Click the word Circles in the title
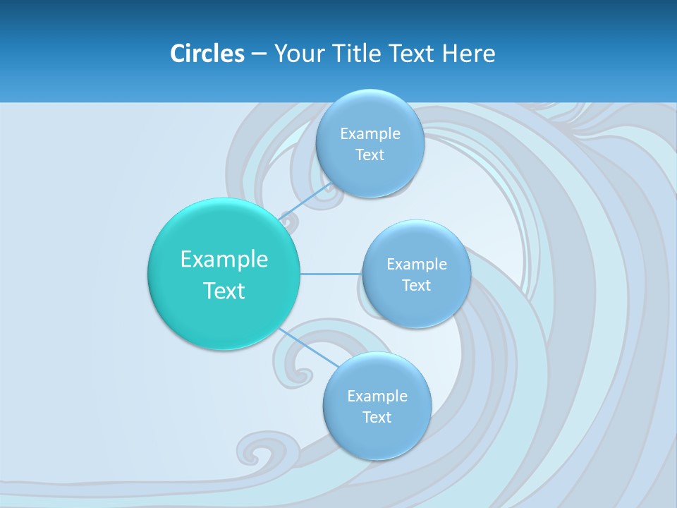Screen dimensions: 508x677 [x=207, y=54]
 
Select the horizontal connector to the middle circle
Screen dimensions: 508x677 [x=331, y=274]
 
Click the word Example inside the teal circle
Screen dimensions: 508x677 [x=224, y=260]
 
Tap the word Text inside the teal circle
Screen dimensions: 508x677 [x=224, y=291]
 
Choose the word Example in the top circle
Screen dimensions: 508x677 [x=370, y=134]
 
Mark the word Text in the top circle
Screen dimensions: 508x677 [x=370, y=155]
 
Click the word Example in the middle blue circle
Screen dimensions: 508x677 [x=416, y=265]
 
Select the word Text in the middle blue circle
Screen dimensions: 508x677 [x=416, y=286]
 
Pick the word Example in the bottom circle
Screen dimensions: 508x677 [x=377, y=397]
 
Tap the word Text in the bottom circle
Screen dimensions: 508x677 [x=377, y=418]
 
